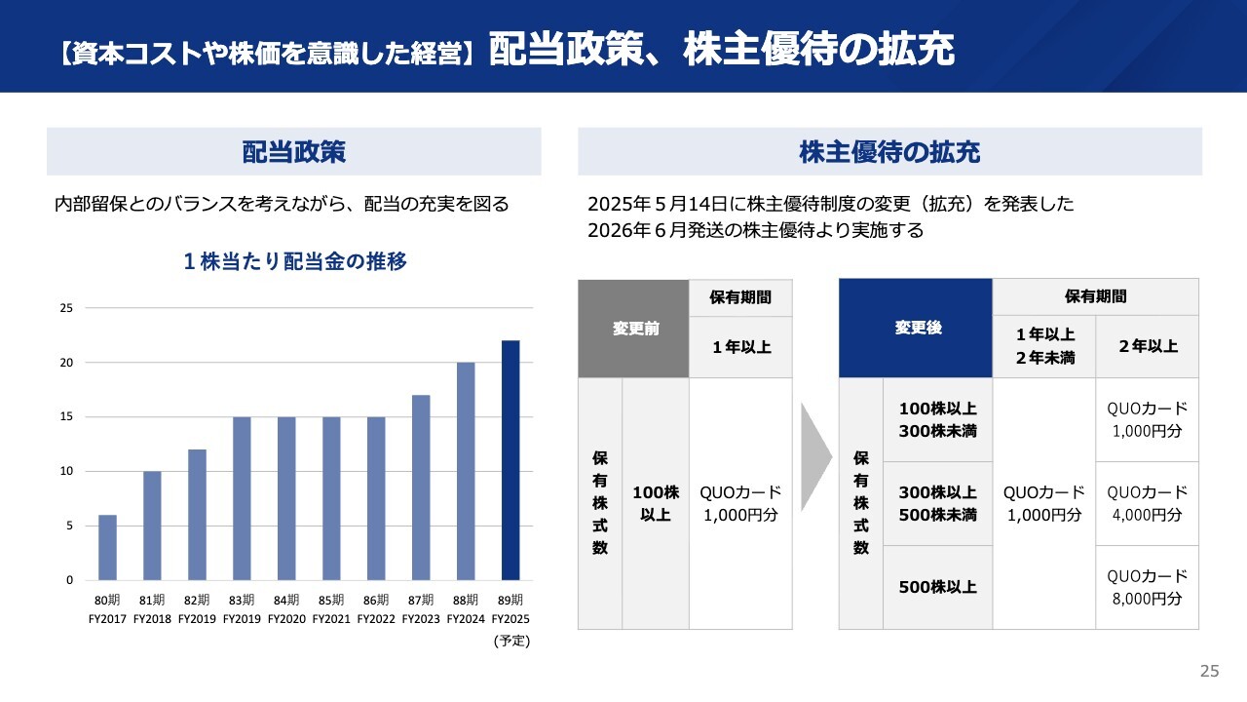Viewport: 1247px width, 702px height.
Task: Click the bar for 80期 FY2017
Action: coord(107,548)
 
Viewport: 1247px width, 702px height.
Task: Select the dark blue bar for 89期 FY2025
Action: coord(510,460)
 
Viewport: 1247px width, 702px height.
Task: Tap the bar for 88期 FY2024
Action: coord(466,472)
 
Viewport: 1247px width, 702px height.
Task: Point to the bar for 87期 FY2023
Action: coord(421,487)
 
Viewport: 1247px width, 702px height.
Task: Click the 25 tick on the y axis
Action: coord(67,308)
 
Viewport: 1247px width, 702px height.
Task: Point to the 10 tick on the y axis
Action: coord(67,472)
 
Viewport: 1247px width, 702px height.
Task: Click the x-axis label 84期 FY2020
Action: coord(286,608)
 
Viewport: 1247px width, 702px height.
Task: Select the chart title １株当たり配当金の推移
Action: coord(294,261)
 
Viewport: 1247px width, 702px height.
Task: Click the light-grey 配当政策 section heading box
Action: coord(294,152)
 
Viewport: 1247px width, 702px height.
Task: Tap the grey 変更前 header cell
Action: coord(633,329)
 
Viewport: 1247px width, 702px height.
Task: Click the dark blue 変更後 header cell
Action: coord(916,329)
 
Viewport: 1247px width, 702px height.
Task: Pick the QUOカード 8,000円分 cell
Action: coord(1147,587)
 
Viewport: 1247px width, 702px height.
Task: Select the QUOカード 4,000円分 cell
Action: coord(1147,503)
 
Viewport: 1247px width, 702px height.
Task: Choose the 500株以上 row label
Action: coord(937,587)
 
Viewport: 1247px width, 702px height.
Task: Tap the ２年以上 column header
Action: coord(1147,346)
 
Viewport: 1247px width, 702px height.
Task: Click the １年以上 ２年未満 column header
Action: coord(1043,346)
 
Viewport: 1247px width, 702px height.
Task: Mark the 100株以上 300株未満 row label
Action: coord(937,419)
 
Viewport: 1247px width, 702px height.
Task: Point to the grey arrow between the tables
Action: coord(814,456)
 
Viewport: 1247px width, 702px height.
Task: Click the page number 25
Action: coord(1209,671)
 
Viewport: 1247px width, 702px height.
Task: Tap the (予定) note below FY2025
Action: coord(510,642)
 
